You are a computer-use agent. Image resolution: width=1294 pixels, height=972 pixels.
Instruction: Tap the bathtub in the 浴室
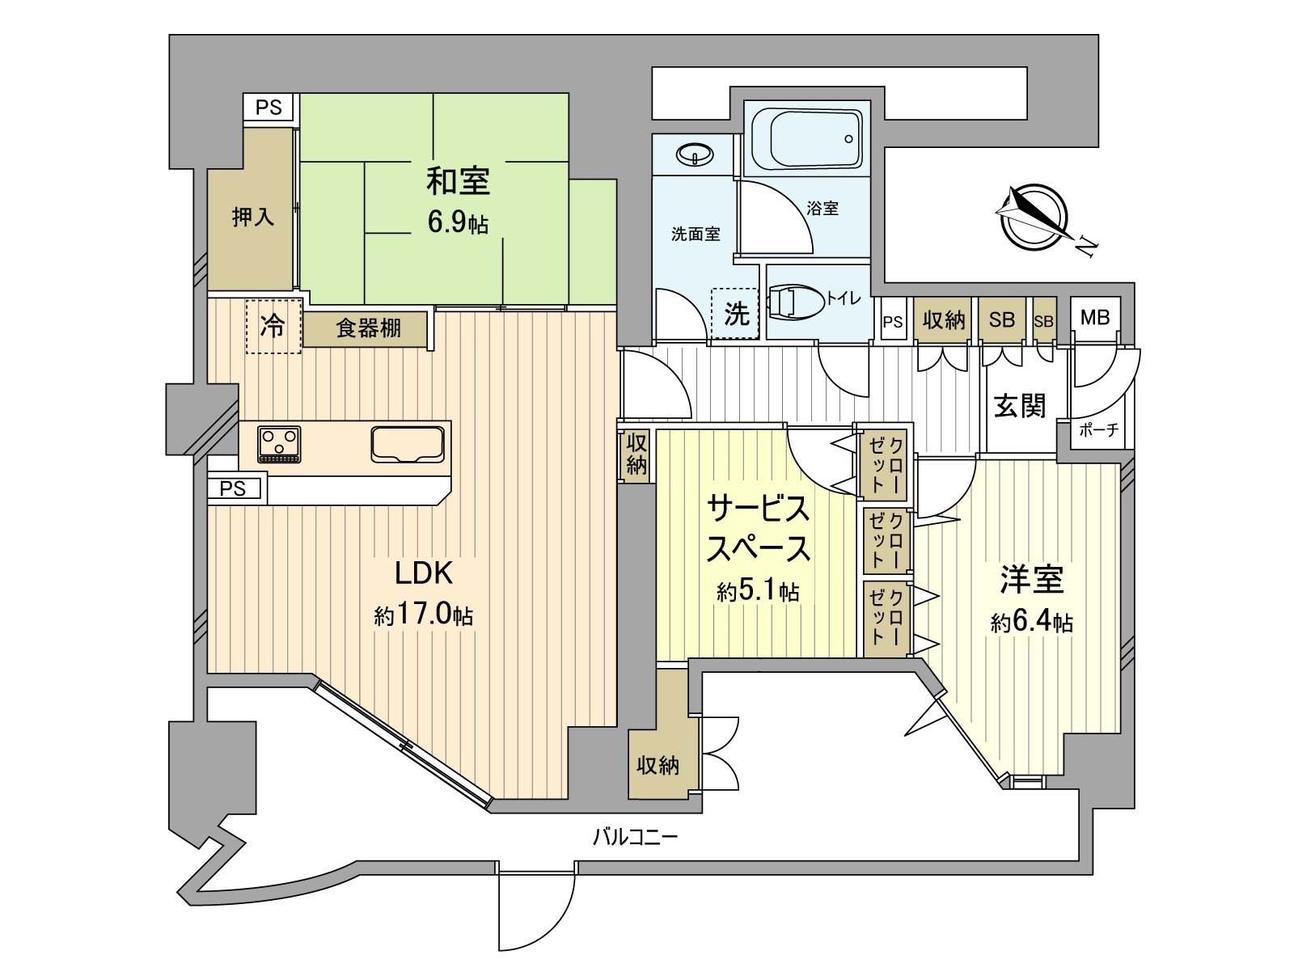coord(806,138)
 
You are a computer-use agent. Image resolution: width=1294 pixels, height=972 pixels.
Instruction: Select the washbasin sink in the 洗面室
coord(694,153)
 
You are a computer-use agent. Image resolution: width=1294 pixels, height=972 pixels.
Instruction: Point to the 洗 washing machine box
coord(735,314)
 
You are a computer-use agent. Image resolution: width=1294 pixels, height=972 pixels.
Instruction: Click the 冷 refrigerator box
coord(273,326)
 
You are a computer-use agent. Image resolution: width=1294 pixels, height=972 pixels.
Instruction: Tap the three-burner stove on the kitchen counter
coord(279,444)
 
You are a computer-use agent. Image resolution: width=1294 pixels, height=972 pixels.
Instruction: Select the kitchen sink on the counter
coord(408,444)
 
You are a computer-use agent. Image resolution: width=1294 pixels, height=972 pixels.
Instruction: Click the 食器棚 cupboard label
coord(368,328)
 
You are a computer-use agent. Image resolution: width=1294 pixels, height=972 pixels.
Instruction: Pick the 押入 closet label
coord(252,217)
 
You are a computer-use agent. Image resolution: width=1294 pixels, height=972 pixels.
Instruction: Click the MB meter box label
coord(1095,317)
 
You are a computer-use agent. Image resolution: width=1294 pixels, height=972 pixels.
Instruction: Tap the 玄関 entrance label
coord(1020,406)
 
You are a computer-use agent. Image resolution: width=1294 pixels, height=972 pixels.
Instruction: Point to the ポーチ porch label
coord(1098,430)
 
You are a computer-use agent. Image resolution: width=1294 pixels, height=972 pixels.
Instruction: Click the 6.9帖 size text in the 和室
coord(458,222)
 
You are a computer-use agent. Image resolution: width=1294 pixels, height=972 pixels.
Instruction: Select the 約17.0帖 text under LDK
coord(423,615)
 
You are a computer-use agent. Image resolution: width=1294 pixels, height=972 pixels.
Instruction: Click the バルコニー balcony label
coord(635,836)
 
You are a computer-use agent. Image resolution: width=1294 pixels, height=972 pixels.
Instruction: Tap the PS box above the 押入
coord(269,107)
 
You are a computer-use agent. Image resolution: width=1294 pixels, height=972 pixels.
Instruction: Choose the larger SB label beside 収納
coord(1001,320)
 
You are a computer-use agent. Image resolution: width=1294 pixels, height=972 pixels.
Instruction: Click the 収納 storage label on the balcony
coord(657,764)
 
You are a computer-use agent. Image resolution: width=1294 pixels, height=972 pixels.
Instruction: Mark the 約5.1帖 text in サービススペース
coord(758,592)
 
